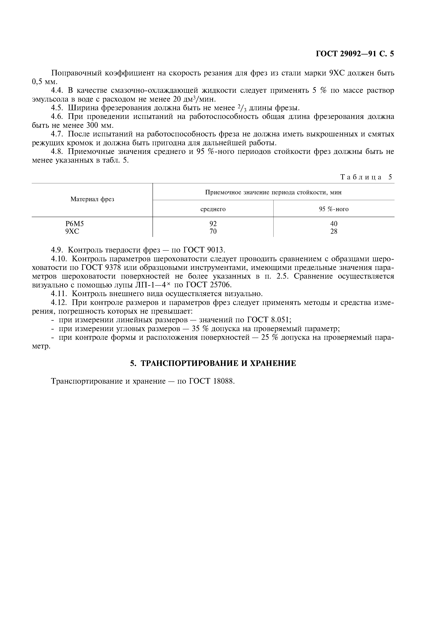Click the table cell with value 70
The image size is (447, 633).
point(213,231)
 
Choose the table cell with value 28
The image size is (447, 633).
point(334,231)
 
